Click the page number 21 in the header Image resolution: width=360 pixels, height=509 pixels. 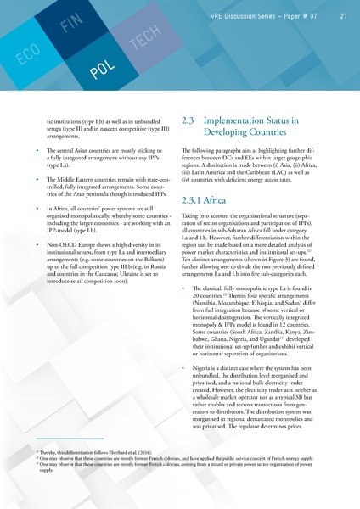342,14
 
